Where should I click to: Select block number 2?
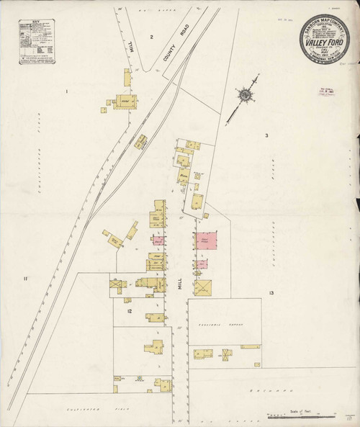pyautogui.click(x=152, y=36)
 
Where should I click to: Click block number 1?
pyautogui.click(x=66, y=91)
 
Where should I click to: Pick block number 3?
pyautogui.click(x=266, y=136)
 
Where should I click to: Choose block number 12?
pyautogui.click(x=130, y=310)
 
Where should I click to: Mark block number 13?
pyautogui.click(x=271, y=294)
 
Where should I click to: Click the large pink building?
pyautogui.click(x=207, y=241)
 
